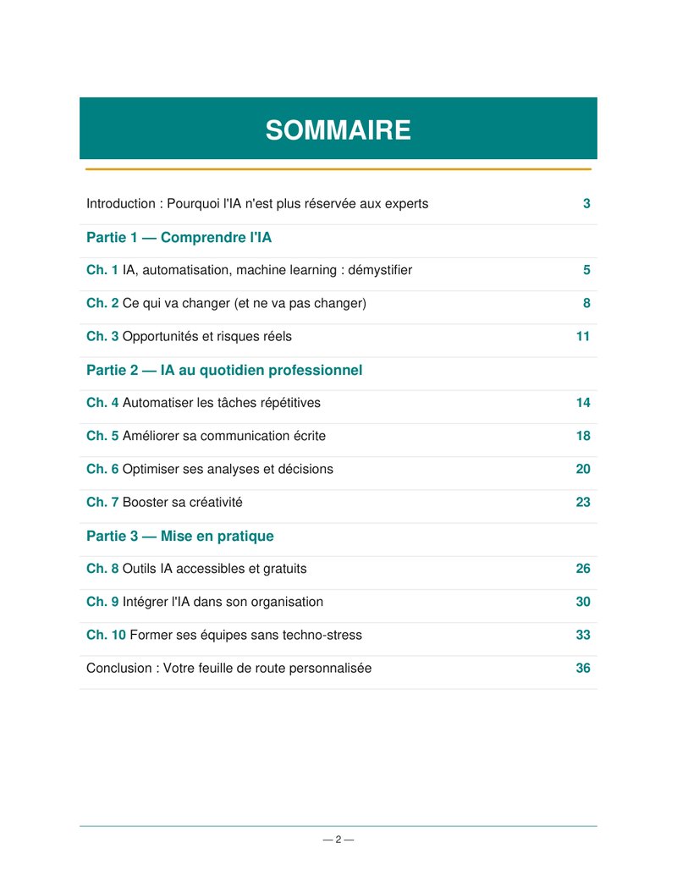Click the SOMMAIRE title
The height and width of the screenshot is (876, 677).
click(x=338, y=130)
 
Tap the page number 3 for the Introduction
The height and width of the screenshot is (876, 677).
click(x=586, y=204)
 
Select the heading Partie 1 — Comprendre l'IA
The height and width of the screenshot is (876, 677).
click(x=179, y=238)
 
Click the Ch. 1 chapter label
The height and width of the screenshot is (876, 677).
click(x=102, y=271)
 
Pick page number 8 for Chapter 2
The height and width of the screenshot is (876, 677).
click(x=586, y=304)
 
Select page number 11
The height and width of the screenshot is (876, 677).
click(x=582, y=337)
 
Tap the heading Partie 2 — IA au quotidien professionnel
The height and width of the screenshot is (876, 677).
click(x=224, y=370)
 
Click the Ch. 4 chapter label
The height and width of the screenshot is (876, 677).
click(x=102, y=403)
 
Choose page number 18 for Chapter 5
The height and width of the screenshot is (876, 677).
click(x=583, y=436)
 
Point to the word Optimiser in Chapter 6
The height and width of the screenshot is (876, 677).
click(x=151, y=469)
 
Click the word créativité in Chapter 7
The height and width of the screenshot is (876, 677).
click(x=215, y=502)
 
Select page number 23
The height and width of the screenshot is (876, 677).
click(x=583, y=502)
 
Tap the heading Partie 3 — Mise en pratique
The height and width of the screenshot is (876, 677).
click(x=179, y=536)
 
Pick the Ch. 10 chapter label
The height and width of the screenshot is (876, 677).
click(x=106, y=635)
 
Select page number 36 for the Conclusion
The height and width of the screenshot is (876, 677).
click(x=583, y=668)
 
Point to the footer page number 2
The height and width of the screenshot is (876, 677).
click(x=338, y=840)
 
